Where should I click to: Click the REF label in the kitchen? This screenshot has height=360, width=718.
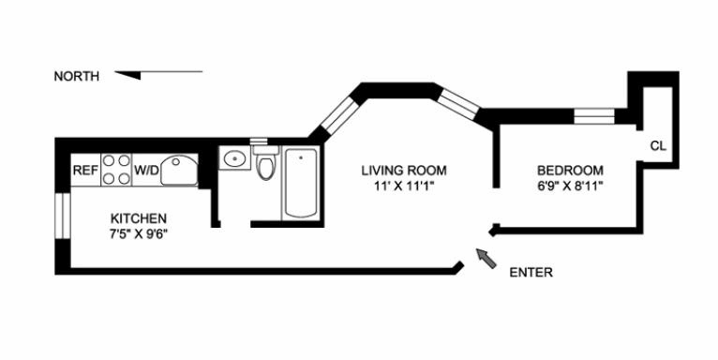85,171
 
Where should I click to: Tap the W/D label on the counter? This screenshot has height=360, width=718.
146,171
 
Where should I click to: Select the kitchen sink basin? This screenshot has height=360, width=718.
180,170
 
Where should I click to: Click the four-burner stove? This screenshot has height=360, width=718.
116,170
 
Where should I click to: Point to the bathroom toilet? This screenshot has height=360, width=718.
265,161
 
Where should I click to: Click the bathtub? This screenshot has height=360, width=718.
300,183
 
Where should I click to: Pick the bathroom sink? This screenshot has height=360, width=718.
234,158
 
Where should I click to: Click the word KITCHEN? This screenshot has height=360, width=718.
139,217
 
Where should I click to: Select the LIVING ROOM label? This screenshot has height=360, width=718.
404,171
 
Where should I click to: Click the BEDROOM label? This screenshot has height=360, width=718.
570,171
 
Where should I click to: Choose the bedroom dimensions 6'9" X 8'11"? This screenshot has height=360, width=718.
570,186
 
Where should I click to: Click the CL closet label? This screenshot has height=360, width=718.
658,146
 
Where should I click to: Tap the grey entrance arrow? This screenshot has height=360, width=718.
486,258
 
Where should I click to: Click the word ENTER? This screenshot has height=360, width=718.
531,273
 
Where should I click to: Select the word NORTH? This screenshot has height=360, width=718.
77,77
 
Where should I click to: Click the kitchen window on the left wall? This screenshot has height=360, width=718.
63,216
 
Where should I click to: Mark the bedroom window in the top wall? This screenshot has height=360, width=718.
594,116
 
